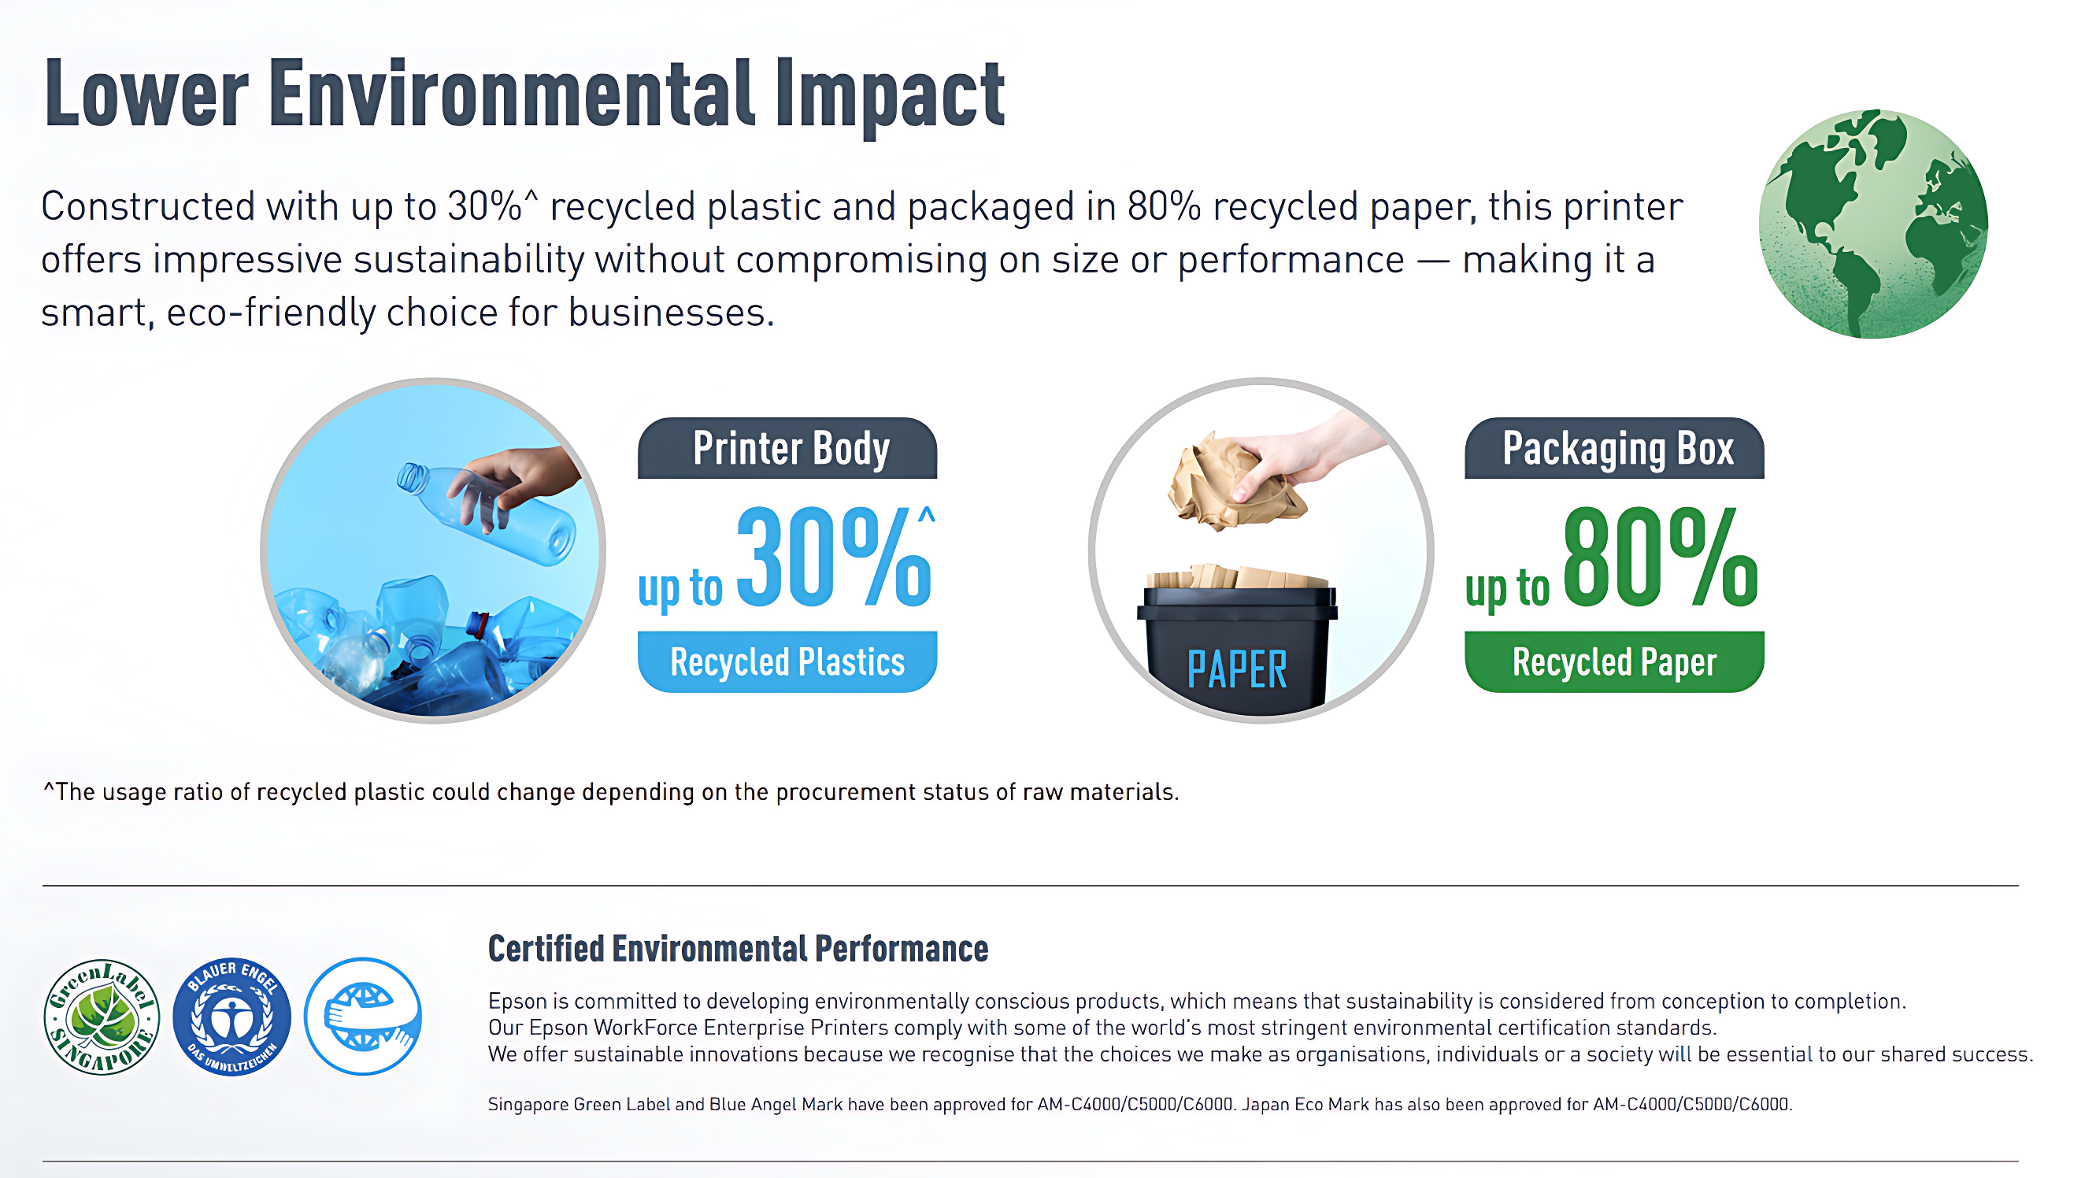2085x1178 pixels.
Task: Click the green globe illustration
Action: click(x=1873, y=224)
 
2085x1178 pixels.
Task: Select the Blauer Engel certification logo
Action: click(x=231, y=1017)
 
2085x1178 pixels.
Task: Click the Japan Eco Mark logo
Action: click(x=363, y=1017)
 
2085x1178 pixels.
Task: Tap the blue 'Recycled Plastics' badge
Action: click(x=787, y=661)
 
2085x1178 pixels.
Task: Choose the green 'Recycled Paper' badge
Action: click(x=1615, y=661)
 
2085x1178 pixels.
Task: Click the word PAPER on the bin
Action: click(x=1237, y=669)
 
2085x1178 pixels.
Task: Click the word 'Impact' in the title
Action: click(x=890, y=94)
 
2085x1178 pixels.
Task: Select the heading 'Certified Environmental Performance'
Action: click(x=738, y=949)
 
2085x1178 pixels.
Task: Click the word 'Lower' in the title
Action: click(x=146, y=93)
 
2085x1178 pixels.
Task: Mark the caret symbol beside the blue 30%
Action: click(x=927, y=515)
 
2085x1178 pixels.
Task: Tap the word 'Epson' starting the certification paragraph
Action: click(x=518, y=1002)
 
